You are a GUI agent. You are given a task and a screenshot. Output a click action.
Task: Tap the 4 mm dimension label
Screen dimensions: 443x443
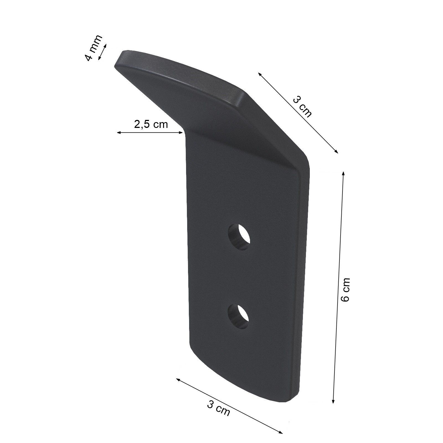[x=93, y=48]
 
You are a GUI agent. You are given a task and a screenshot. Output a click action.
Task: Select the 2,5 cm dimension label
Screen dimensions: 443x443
[x=151, y=124]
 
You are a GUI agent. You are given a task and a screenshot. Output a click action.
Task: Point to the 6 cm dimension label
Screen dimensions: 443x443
[x=346, y=290]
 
